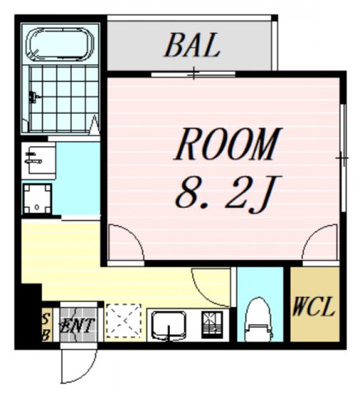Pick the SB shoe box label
pos(46,325)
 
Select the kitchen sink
pos(168,324)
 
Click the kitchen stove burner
pos(212,325)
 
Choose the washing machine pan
pos(37,197)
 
